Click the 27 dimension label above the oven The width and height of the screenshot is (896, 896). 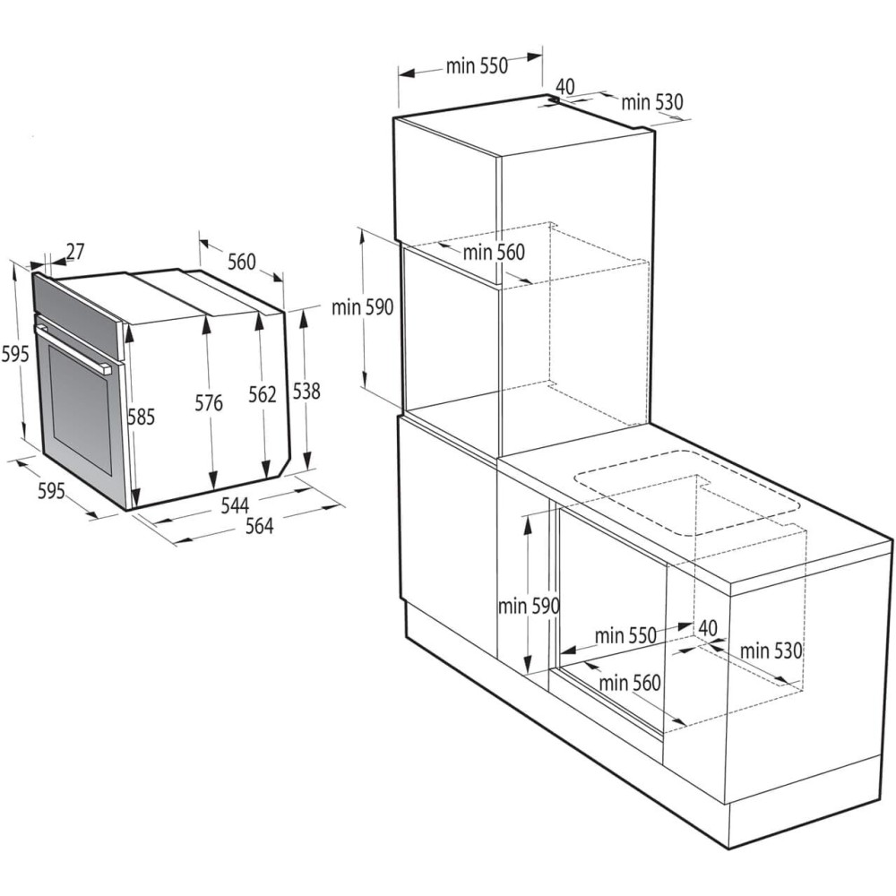pyautogui.click(x=74, y=252)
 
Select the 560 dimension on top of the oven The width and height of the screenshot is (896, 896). pyautogui.click(x=241, y=262)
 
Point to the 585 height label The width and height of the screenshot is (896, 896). pyautogui.click(x=142, y=417)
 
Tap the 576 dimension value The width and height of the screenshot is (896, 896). pyautogui.click(x=208, y=403)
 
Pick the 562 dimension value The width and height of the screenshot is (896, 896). pyautogui.click(x=263, y=394)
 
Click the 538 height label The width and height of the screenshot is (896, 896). pyautogui.click(x=306, y=391)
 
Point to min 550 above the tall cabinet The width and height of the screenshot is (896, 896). pyautogui.click(x=477, y=65)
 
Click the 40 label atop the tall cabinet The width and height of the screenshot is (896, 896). pyautogui.click(x=564, y=86)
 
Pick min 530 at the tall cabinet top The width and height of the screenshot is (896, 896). pyautogui.click(x=652, y=102)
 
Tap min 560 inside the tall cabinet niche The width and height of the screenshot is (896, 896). pyautogui.click(x=494, y=253)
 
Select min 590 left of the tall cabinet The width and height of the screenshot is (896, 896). pyautogui.click(x=362, y=308)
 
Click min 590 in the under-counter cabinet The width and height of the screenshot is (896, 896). pyautogui.click(x=529, y=606)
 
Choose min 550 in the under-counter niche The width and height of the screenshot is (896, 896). pyautogui.click(x=625, y=635)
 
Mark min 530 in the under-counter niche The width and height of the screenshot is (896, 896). pyautogui.click(x=771, y=651)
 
